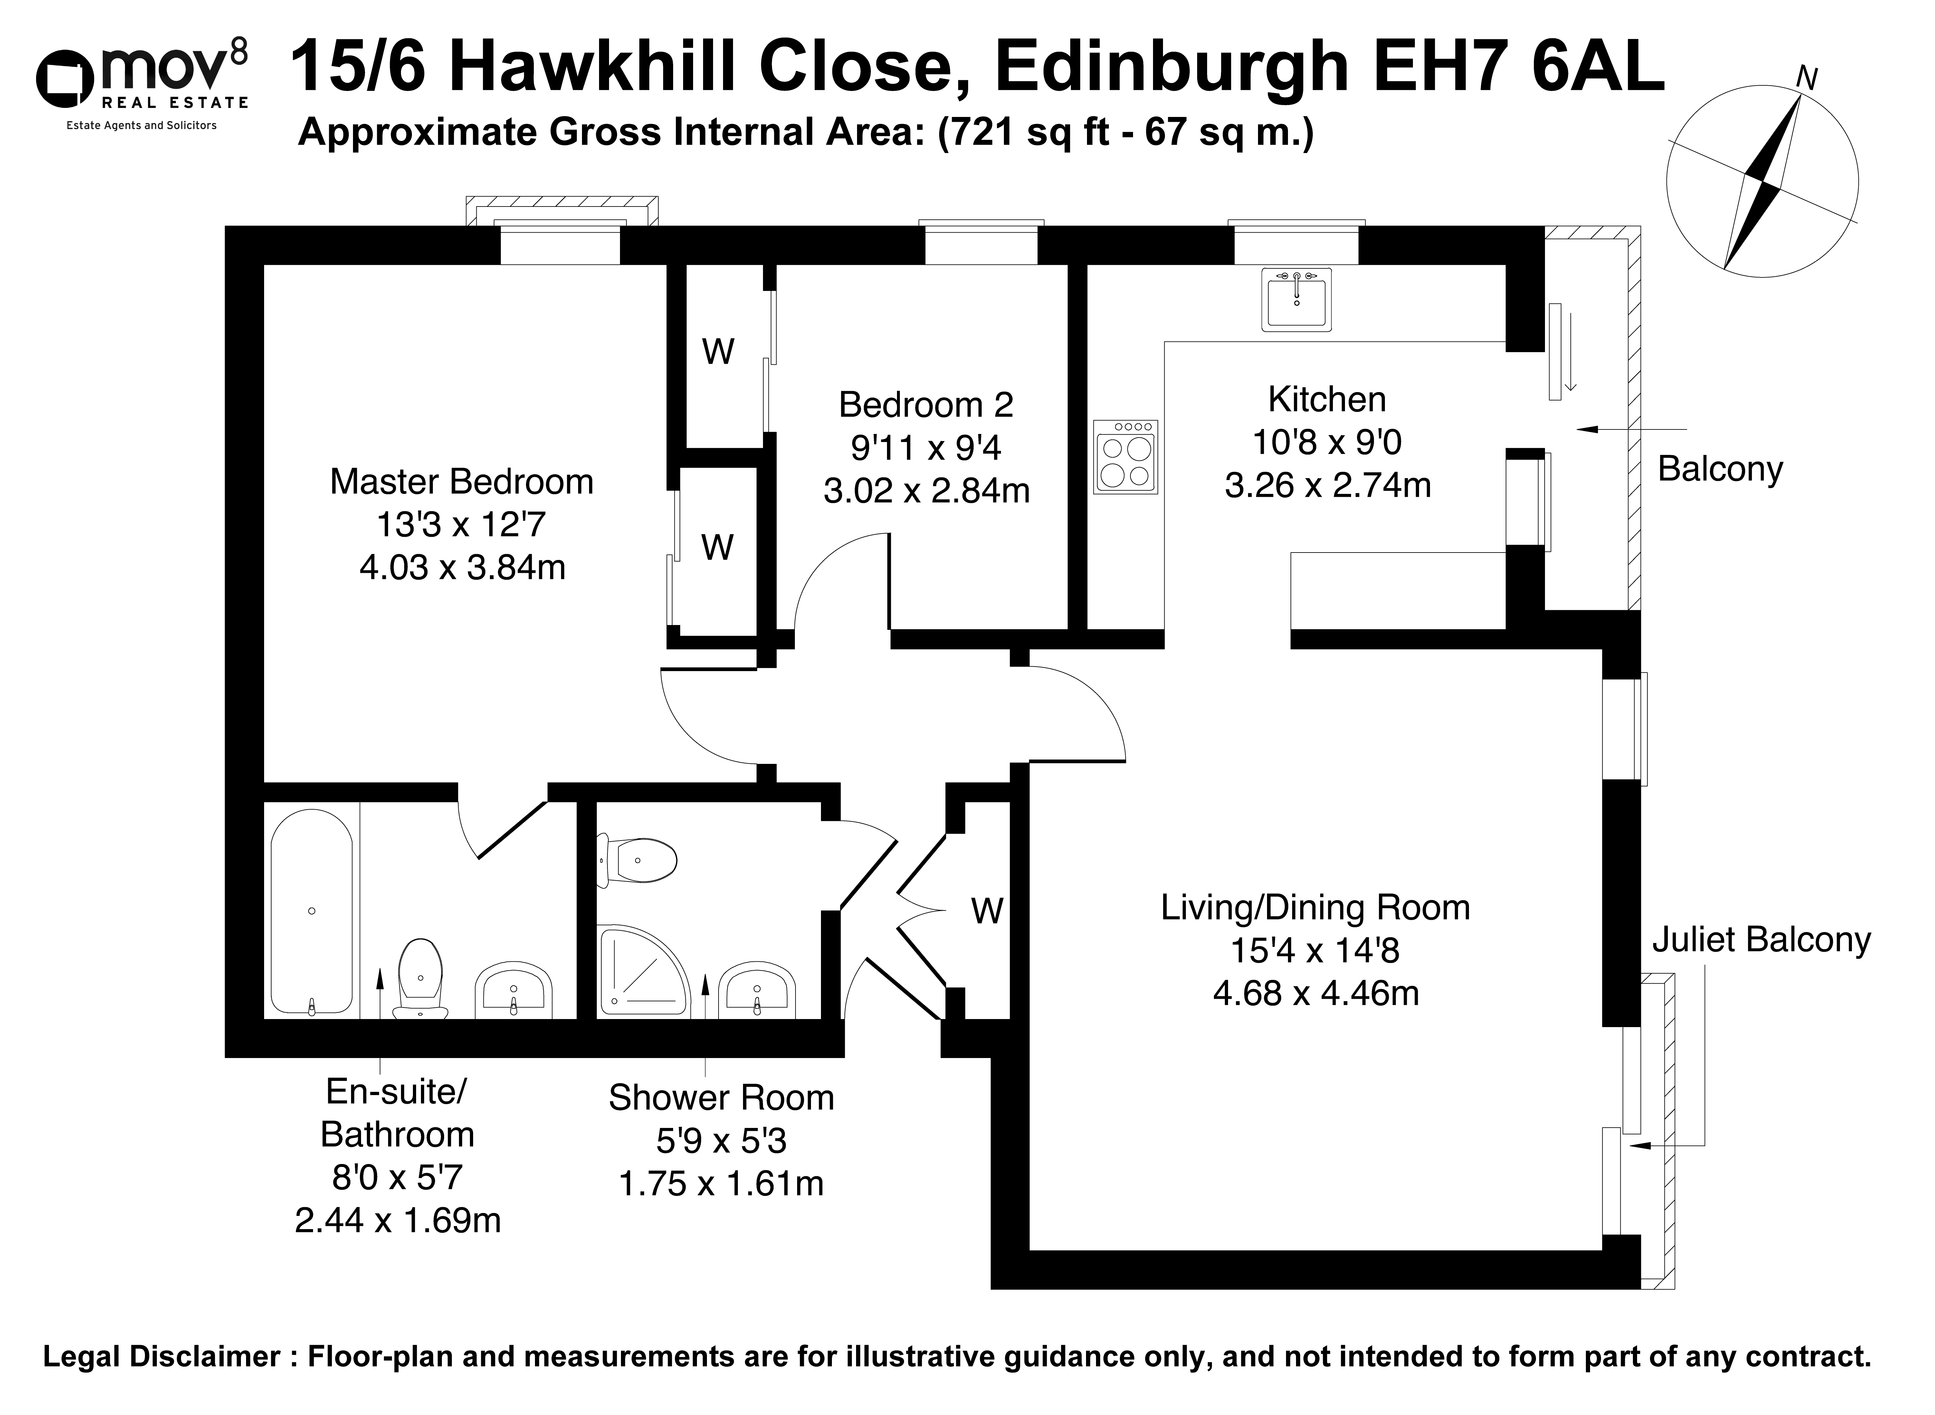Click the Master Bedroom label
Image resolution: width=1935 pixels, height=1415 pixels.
(462, 482)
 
